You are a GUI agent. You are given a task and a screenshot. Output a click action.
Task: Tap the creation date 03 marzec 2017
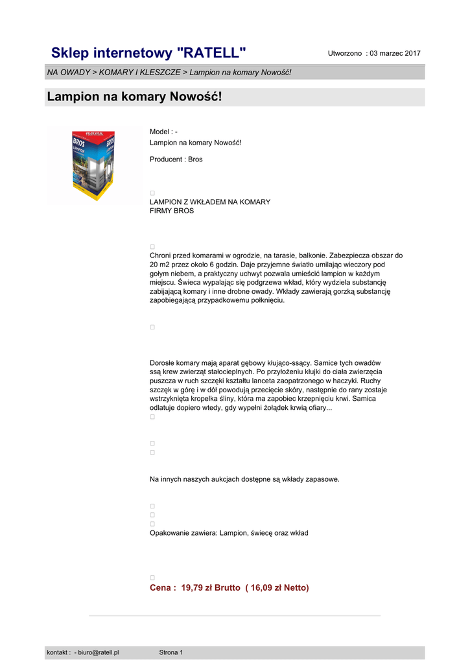395,53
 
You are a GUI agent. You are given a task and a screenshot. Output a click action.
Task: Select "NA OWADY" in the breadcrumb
68,72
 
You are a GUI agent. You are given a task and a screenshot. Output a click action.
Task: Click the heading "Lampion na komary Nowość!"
134,97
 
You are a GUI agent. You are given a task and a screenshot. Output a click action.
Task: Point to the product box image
94,166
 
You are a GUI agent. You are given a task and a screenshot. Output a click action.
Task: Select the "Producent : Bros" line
176,160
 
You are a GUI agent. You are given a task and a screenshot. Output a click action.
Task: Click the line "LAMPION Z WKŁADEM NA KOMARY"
210,202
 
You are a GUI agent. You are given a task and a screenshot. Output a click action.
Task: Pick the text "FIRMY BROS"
172,211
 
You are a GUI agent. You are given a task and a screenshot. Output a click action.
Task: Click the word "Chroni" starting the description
161,255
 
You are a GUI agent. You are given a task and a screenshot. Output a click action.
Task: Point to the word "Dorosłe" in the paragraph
163,363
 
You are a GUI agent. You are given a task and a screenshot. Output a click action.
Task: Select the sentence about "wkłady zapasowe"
244,479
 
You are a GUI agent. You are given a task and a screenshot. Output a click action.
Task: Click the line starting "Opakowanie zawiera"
229,533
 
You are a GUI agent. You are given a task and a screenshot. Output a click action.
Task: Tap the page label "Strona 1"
171,652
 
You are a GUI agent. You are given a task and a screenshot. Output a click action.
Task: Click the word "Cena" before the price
161,587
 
